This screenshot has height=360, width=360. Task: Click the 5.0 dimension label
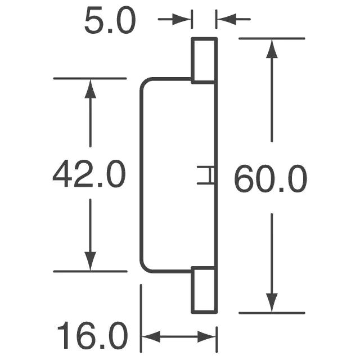click(x=110, y=22)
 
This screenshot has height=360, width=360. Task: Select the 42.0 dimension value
click(x=89, y=175)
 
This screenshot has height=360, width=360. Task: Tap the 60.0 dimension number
click(x=270, y=180)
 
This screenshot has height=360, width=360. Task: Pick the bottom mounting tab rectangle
click(x=204, y=291)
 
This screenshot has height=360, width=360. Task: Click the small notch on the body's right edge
click(x=206, y=175)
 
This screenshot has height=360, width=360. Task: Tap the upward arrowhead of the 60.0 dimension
click(x=272, y=48)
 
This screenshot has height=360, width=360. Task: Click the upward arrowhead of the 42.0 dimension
click(x=90, y=88)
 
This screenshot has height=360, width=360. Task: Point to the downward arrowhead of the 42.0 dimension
click(x=90, y=262)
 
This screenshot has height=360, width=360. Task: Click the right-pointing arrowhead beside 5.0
click(x=185, y=20)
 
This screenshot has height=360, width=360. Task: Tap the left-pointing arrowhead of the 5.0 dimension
click(x=224, y=20)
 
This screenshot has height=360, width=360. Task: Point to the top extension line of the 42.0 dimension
click(x=90, y=78)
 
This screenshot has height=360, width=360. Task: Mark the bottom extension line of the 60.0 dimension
click(x=272, y=313)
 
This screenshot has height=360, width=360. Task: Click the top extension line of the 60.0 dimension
click(x=272, y=38)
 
